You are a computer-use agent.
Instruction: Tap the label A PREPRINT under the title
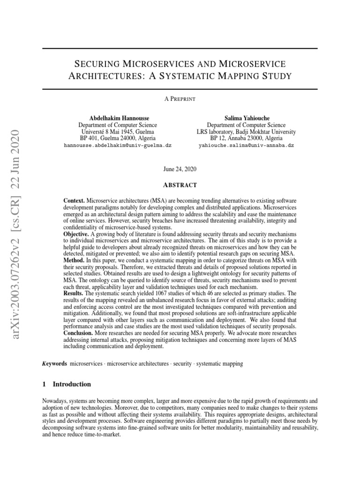click(x=180, y=99)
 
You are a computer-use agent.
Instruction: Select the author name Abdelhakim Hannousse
click(x=117, y=118)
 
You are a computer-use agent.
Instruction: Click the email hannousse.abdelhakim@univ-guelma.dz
click(x=117, y=146)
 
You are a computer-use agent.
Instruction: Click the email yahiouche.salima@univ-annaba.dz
click(x=246, y=146)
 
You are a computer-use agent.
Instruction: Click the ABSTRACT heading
click(x=180, y=185)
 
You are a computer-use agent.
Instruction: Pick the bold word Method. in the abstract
click(x=74, y=260)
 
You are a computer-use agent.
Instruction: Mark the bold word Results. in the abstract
click(x=74, y=292)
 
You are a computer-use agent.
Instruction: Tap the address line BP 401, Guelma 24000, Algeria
click(x=117, y=139)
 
